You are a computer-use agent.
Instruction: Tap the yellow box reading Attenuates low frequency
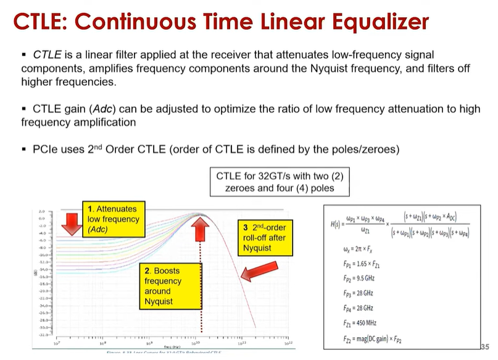point(113,219)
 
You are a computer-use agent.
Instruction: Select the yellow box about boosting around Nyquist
point(163,285)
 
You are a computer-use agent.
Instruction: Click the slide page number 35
point(484,346)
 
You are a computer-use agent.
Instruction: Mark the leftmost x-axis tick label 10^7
point(57,343)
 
